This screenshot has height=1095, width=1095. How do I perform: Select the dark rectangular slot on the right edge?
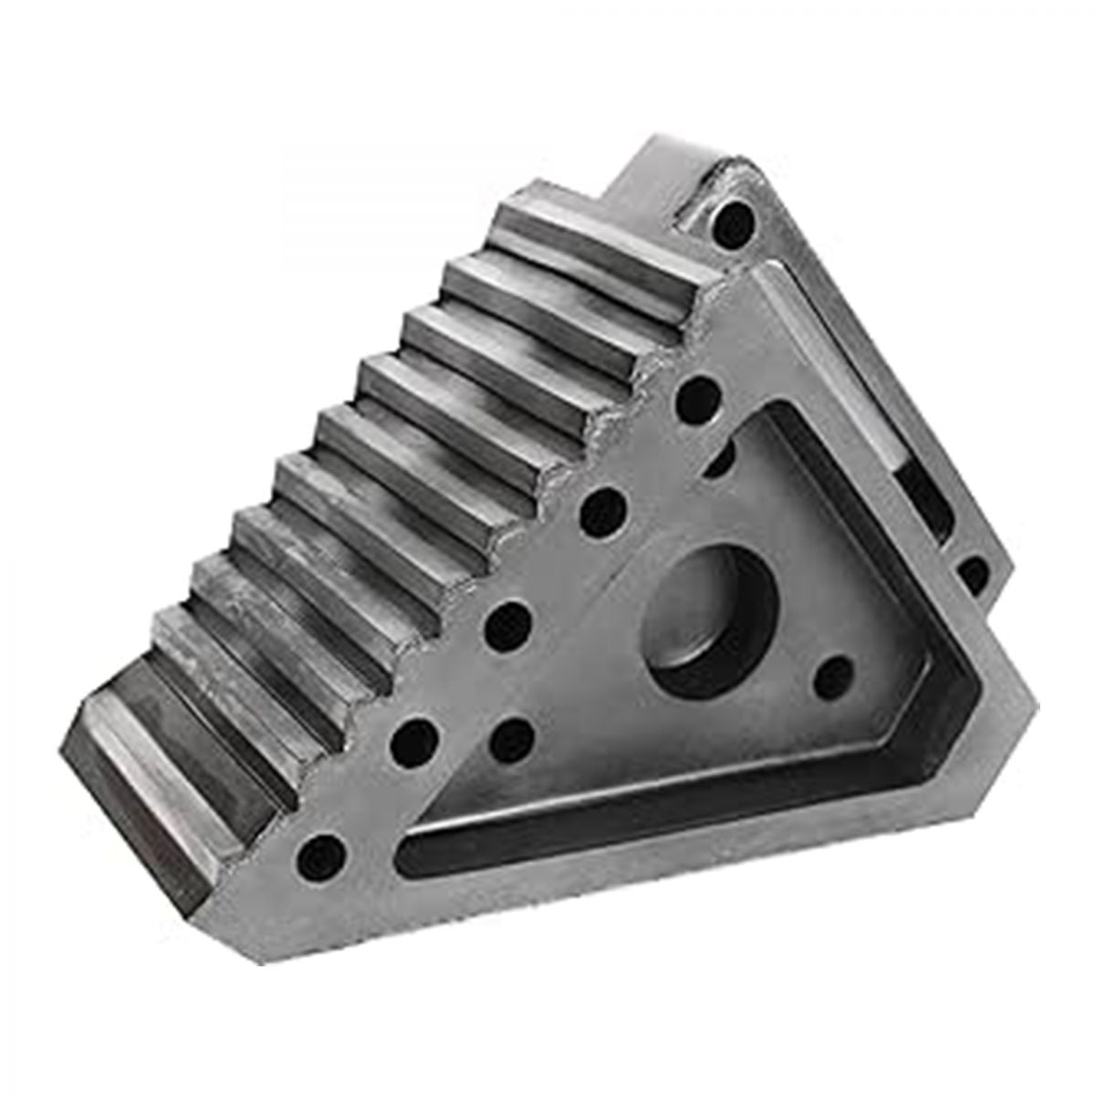[922, 497]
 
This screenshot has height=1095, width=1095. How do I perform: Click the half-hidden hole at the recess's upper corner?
[721, 454]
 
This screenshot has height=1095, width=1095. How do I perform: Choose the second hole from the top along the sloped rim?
[697, 397]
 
